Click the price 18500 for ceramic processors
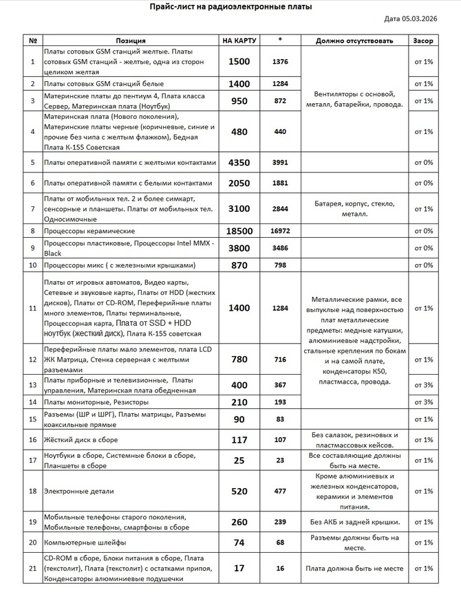click(x=239, y=231)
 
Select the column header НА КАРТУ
click(x=239, y=41)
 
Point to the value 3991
click(x=280, y=162)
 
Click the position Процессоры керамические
click(x=89, y=231)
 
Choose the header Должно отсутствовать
click(x=354, y=41)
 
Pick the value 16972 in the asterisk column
click(x=280, y=231)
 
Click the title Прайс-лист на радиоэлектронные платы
click(x=231, y=6)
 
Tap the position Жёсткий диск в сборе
click(x=81, y=439)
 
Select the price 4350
click(x=239, y=162)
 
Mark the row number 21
click(x=32, y=568)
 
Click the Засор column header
click(x=423, y=41)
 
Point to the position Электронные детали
click(x=78, y=491)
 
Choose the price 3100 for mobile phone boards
click(x=239, y=208)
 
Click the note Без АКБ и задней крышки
click(x=354, y=522)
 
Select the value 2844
click(x=280, y=208)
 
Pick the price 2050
click(x=239, y=183)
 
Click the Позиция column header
click(x=131, y=41)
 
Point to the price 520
click(x=239, y=491)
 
